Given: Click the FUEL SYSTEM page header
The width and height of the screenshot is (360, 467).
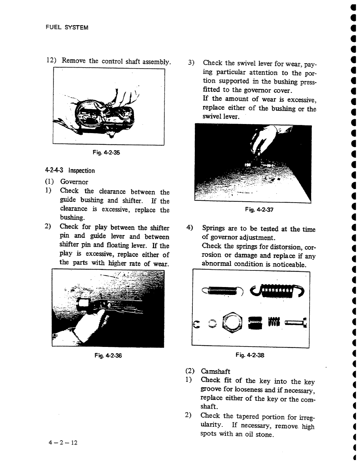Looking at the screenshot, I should pyautogui.click(x=67, y=28).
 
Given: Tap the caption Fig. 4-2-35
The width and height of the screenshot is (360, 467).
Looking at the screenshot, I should pyautogui.click(x=106, y=153).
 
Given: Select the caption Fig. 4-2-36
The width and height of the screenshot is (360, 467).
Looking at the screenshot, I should pyautogui.click(x=108, y=356).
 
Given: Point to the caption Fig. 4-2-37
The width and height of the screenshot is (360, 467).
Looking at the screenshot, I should pyautogui.click(x=259, y=210).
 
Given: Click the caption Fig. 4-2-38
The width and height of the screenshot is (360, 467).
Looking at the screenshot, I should pyautogui.click(x=250, y=355).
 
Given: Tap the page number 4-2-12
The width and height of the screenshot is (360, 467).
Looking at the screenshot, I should pyautogui.click(x=63, y=443).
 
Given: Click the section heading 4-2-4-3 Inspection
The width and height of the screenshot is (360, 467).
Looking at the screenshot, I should pyautogui.click(x=70, y=171).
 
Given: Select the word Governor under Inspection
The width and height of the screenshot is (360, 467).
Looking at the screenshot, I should pyautogui.click(x=74, y=182).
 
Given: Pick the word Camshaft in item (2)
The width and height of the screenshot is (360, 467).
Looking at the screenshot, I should pyautogui.click(x=215, y=371).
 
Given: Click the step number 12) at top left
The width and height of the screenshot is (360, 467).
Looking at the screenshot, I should pyautogui.click(x=51, y=60).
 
